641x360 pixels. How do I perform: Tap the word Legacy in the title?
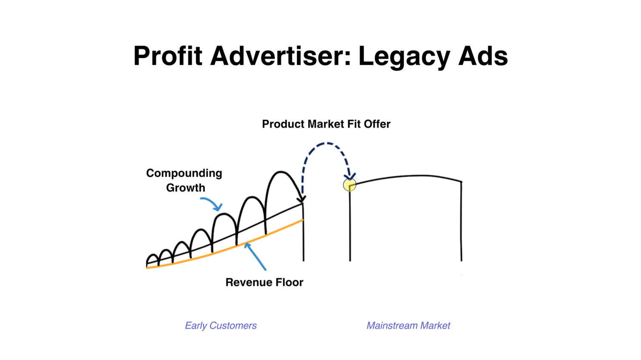coord(404,57)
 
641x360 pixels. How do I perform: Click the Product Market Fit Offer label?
coord(326,124)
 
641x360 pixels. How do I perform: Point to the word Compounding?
coord(184,174)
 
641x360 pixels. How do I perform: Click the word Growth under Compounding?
coord(185,188)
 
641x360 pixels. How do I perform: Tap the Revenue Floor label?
coord(265,283)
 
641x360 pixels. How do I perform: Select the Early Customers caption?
coord(221,326)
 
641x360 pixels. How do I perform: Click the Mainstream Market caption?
coord(408,326)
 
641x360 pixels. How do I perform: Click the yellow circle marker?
coord(350,185)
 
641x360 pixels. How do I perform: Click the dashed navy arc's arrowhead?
coord(350,176)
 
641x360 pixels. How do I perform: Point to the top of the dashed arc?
coord(326,143)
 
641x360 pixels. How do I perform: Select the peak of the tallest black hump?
coord(280,172)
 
